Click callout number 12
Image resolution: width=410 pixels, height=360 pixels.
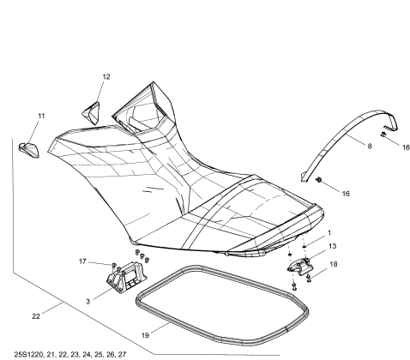tap(106, 77)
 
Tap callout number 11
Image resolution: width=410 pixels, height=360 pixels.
tap(41, 116)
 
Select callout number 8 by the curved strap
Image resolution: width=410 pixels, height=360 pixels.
tap(370, 147)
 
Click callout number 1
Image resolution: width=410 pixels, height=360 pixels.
tap(329, 233)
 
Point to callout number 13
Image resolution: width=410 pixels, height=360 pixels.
tap(333, 246)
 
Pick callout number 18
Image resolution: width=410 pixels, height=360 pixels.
tap(334, 264)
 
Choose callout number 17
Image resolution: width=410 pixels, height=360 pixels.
tap(82, 261)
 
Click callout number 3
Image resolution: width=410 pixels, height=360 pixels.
tap(87, 302)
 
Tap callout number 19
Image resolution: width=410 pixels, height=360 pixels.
tap(145, 335)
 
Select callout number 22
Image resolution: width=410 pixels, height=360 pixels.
tap(36, 316)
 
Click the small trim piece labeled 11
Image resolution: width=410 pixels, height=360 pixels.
tap(29, 150)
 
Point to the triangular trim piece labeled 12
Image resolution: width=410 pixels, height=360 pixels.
tap(92, 113)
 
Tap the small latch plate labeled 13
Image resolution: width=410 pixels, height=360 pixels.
tap(300, 267)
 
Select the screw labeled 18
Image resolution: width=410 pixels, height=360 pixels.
tap(309, 278)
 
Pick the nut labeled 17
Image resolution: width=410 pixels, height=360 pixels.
tap(114, 264)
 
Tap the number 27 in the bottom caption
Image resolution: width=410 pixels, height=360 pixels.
tap(122, 355)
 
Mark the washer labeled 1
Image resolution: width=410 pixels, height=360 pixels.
tap(304, 245)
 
